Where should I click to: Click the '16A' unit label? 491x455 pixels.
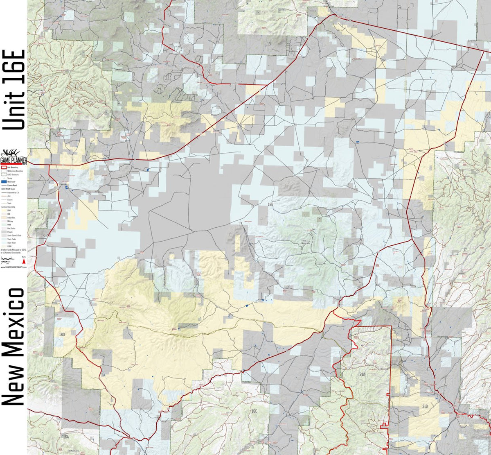coord(65,437)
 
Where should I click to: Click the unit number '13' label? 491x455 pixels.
coord(268,43)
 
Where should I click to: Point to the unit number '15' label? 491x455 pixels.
coord(118,84)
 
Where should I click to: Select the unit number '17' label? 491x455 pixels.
coord(465,249)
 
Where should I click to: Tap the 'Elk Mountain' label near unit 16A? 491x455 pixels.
coord(73,450)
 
